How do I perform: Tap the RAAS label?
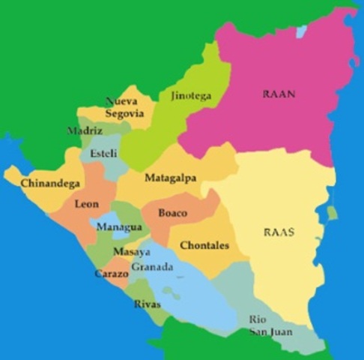[279, 232]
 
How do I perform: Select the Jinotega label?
[191, 96]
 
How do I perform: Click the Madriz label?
[85, 130]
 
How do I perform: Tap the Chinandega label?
[50, 183]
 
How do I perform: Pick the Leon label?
[87, 204]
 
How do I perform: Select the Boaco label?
[172, 213]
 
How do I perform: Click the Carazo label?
[111, 274]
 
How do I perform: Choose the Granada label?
[152, 267]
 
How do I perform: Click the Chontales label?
[204, 245]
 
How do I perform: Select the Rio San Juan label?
[270, 325]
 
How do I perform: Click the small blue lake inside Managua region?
[104, 223]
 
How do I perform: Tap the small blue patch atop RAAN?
[301, 31]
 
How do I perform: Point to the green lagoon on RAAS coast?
[332, 213]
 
